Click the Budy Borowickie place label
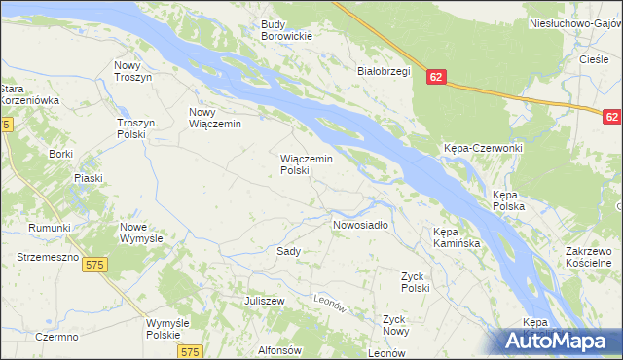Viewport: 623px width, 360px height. coord(286,30)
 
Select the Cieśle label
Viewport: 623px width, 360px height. coord(594,59)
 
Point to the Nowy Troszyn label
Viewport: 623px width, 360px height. coord(133,71)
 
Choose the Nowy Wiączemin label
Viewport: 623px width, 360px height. coord(215,118)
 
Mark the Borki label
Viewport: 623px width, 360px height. coord(60,155)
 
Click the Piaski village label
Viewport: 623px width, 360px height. coord(89,178)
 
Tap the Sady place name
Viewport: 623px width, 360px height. coord(288,251)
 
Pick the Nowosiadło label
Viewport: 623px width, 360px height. coord(360,225)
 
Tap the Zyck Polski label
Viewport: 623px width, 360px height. coord(415,282)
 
